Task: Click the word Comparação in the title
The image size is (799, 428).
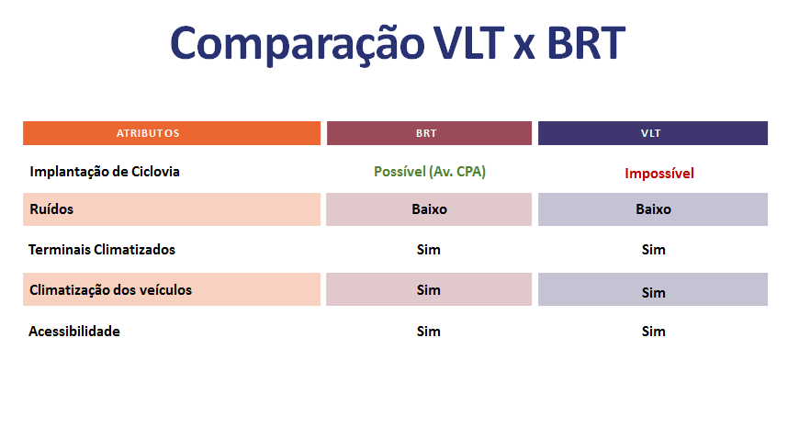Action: (x=297, y=44)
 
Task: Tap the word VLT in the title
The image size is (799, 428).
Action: (x=468, y=43)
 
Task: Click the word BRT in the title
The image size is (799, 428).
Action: (x=586, y=43)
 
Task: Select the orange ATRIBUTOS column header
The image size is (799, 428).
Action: (x=172, y=133)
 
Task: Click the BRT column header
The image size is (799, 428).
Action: (x=429, y=133)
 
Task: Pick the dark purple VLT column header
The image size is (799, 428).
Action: (x=653, y=133)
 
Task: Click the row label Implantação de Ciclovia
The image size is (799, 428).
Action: (x=105, y=173)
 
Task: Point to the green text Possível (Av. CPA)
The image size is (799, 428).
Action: (x=430, y=173)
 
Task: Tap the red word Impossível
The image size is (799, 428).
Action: (x=659, y=174)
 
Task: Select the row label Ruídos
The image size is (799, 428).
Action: (x=51, y=208)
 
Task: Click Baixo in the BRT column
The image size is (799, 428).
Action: (x=429, y=208)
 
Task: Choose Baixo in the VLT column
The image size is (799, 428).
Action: (x=653, y=208)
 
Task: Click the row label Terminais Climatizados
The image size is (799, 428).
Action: (x=102, y=250)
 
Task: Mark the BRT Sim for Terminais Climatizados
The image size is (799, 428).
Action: (x=429, y=250)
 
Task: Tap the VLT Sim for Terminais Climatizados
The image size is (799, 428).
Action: (x=653, y=250)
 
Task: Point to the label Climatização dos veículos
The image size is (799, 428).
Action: (x=110, y=290)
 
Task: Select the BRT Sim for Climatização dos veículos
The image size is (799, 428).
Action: (x=429, y=290)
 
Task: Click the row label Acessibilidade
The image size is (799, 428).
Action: (x=74, y=332)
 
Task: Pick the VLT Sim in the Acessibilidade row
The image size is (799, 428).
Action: (x=653, y=332)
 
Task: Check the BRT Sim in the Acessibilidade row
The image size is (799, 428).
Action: (x=429, y=332)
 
